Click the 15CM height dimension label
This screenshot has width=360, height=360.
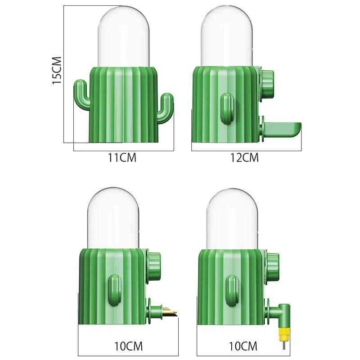click(x=57, y=70)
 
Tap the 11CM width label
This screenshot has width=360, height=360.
click(x=122, y=158)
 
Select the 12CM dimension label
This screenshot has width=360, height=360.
click(x=244, y=158)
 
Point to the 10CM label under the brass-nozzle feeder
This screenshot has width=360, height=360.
click(x=128, y=346)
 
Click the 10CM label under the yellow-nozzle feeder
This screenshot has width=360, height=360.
click(x=243, y=346)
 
